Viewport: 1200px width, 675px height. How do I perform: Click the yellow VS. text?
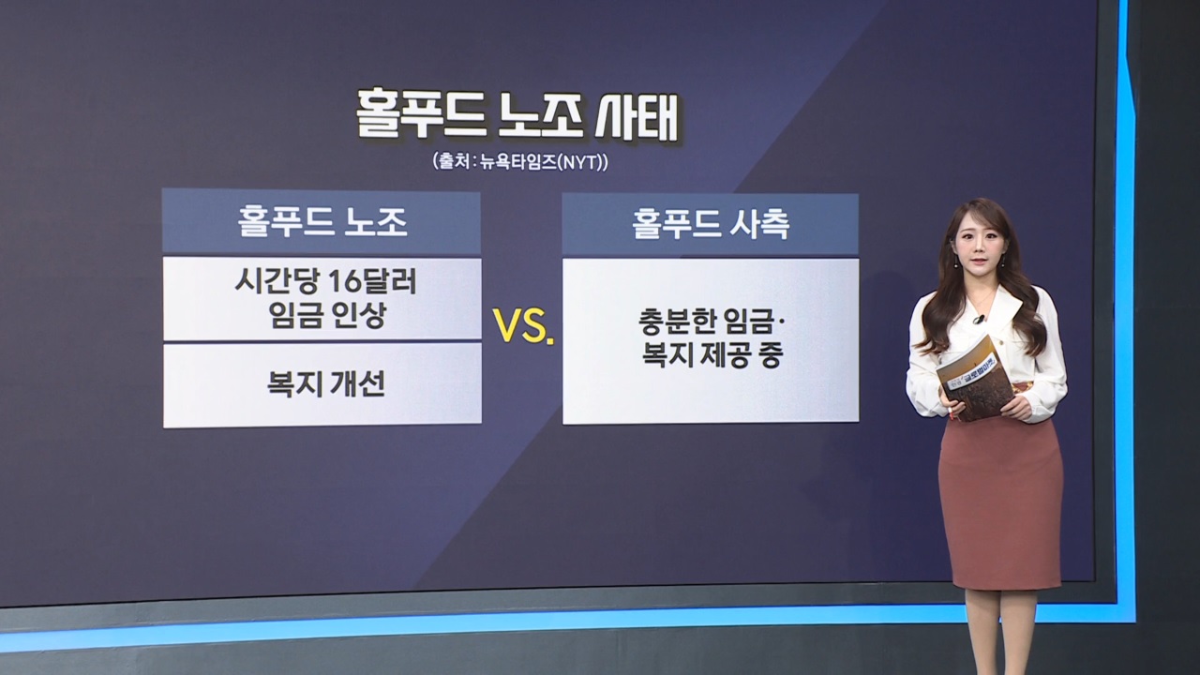523,325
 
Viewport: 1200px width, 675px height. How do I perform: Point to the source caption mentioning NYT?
520,161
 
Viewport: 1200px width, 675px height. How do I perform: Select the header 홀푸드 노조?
322,222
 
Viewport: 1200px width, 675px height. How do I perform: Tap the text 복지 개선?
326,383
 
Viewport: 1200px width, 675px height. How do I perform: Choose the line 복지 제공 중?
712,354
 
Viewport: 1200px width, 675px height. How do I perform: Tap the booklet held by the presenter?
976,377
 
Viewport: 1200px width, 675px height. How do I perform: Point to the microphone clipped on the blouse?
979,321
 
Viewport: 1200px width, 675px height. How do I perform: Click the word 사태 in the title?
637,117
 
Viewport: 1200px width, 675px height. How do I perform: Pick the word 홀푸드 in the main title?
420,116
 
